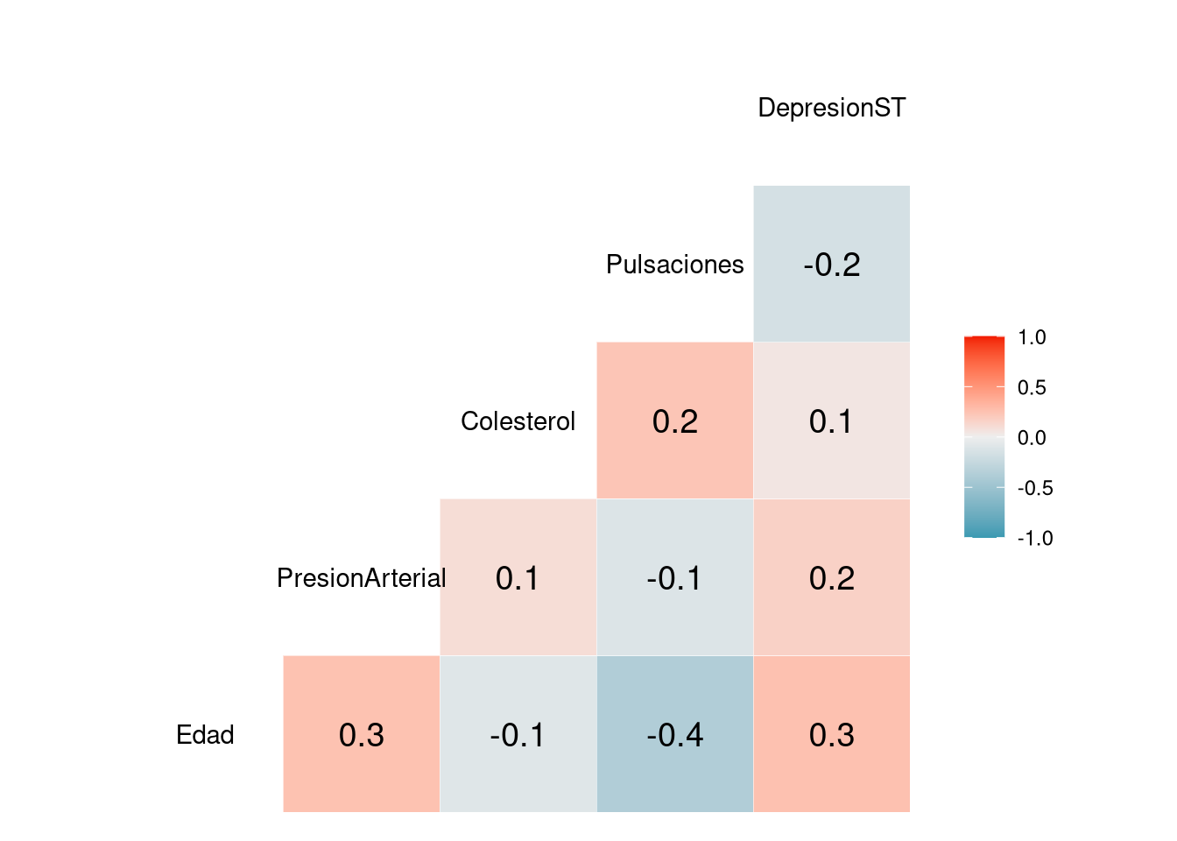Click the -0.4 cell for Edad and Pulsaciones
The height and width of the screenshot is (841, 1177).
point(674,734)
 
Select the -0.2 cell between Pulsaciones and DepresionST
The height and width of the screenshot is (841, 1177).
point(831,264)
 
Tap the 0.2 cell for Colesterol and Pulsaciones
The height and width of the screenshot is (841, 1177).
point(674,420)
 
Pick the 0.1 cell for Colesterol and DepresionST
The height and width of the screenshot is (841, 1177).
point(831,420)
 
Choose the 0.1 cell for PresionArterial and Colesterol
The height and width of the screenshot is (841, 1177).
point(518,577)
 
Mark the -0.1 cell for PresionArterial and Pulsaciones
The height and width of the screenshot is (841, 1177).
point(674,577)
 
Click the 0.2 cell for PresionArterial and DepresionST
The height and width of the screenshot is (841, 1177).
point(831,577)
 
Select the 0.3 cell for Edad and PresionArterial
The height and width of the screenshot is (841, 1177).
point(361,734)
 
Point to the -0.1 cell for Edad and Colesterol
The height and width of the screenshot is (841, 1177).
point(518,734)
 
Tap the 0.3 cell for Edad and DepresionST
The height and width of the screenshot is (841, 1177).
point(831,734)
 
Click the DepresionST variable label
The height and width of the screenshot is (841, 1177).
point(831,108)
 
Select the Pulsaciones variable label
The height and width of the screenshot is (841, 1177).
point(674,265)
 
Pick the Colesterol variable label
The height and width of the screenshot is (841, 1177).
point(518,421)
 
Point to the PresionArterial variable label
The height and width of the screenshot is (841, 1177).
point(361,578)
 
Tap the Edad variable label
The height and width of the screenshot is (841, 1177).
point(205,735)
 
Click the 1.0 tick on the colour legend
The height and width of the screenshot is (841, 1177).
point(1032,337)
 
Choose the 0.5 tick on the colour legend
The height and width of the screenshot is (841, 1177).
point(1032,387)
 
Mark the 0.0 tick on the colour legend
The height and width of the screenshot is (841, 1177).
point(1032,437)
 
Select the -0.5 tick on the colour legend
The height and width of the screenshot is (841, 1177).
point(1034,488)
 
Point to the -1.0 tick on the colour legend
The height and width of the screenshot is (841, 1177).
point(1034,538)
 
